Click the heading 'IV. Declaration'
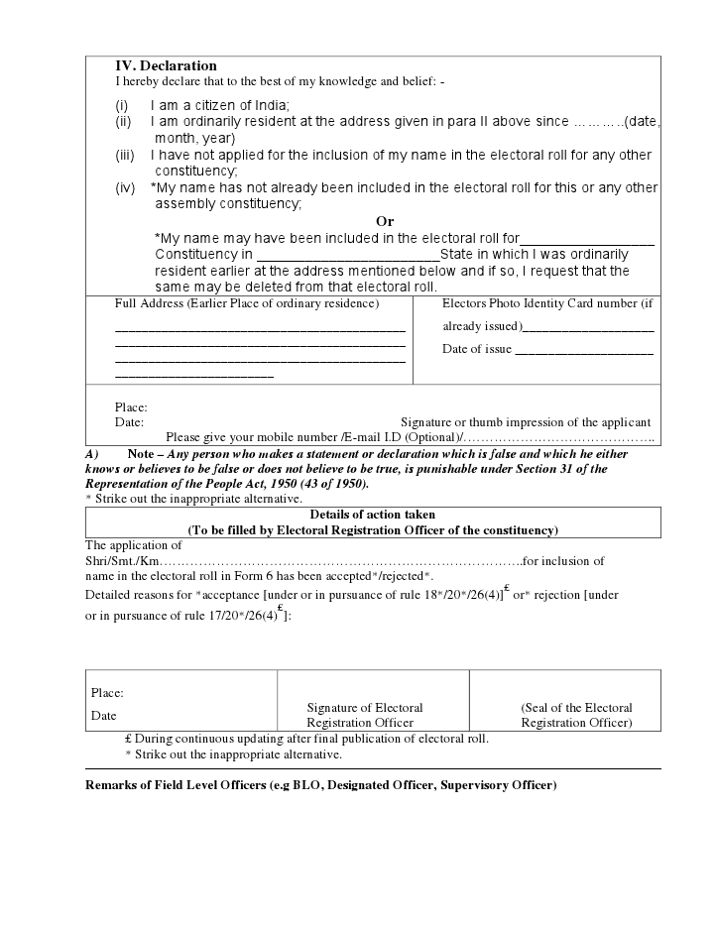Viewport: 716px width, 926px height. pos(166,66)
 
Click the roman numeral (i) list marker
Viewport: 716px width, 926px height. pos(122,106)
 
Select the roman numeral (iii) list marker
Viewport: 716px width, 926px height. pos(125,156)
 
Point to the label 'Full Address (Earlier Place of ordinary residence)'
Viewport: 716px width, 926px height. pos(247,303)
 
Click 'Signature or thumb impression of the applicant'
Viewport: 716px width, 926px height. pos(526,422)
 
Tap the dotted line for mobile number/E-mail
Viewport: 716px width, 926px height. pos(559,438)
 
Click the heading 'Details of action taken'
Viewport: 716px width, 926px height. pos(373,515)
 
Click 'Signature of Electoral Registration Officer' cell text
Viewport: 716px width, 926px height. pos(365,715)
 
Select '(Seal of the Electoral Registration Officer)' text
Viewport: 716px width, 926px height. pos(576,715)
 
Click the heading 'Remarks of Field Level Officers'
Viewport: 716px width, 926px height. pos(321,785)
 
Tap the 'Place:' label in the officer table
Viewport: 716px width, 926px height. pos(107,693)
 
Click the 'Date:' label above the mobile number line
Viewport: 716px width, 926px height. pos(130,422)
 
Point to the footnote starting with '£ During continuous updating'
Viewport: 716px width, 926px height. pos(306,739)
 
